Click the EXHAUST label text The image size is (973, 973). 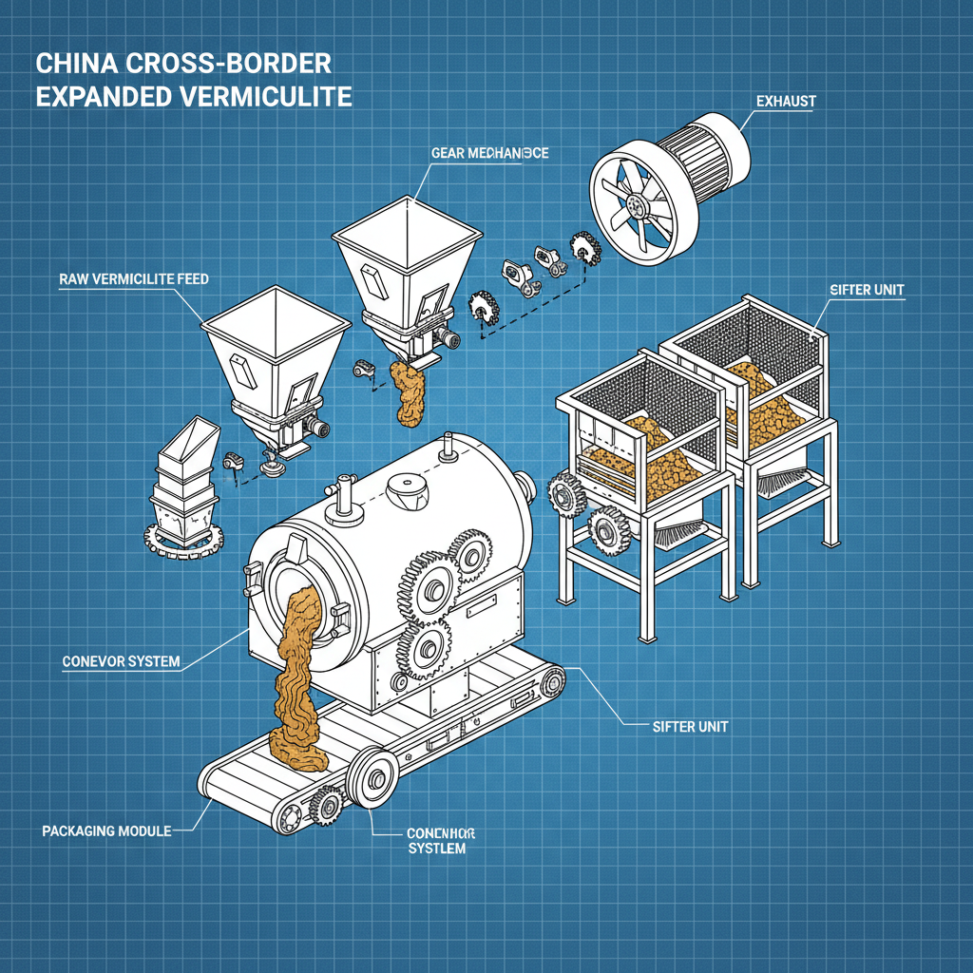point(786,100)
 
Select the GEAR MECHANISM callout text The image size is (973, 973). point(489,153)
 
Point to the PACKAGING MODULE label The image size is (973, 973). point(106,830)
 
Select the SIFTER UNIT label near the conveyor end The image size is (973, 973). point(691,726)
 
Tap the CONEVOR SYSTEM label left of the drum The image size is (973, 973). point(120,660)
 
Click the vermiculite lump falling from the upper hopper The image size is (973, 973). point(409,391)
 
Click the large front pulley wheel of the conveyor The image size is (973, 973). point(373,780)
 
